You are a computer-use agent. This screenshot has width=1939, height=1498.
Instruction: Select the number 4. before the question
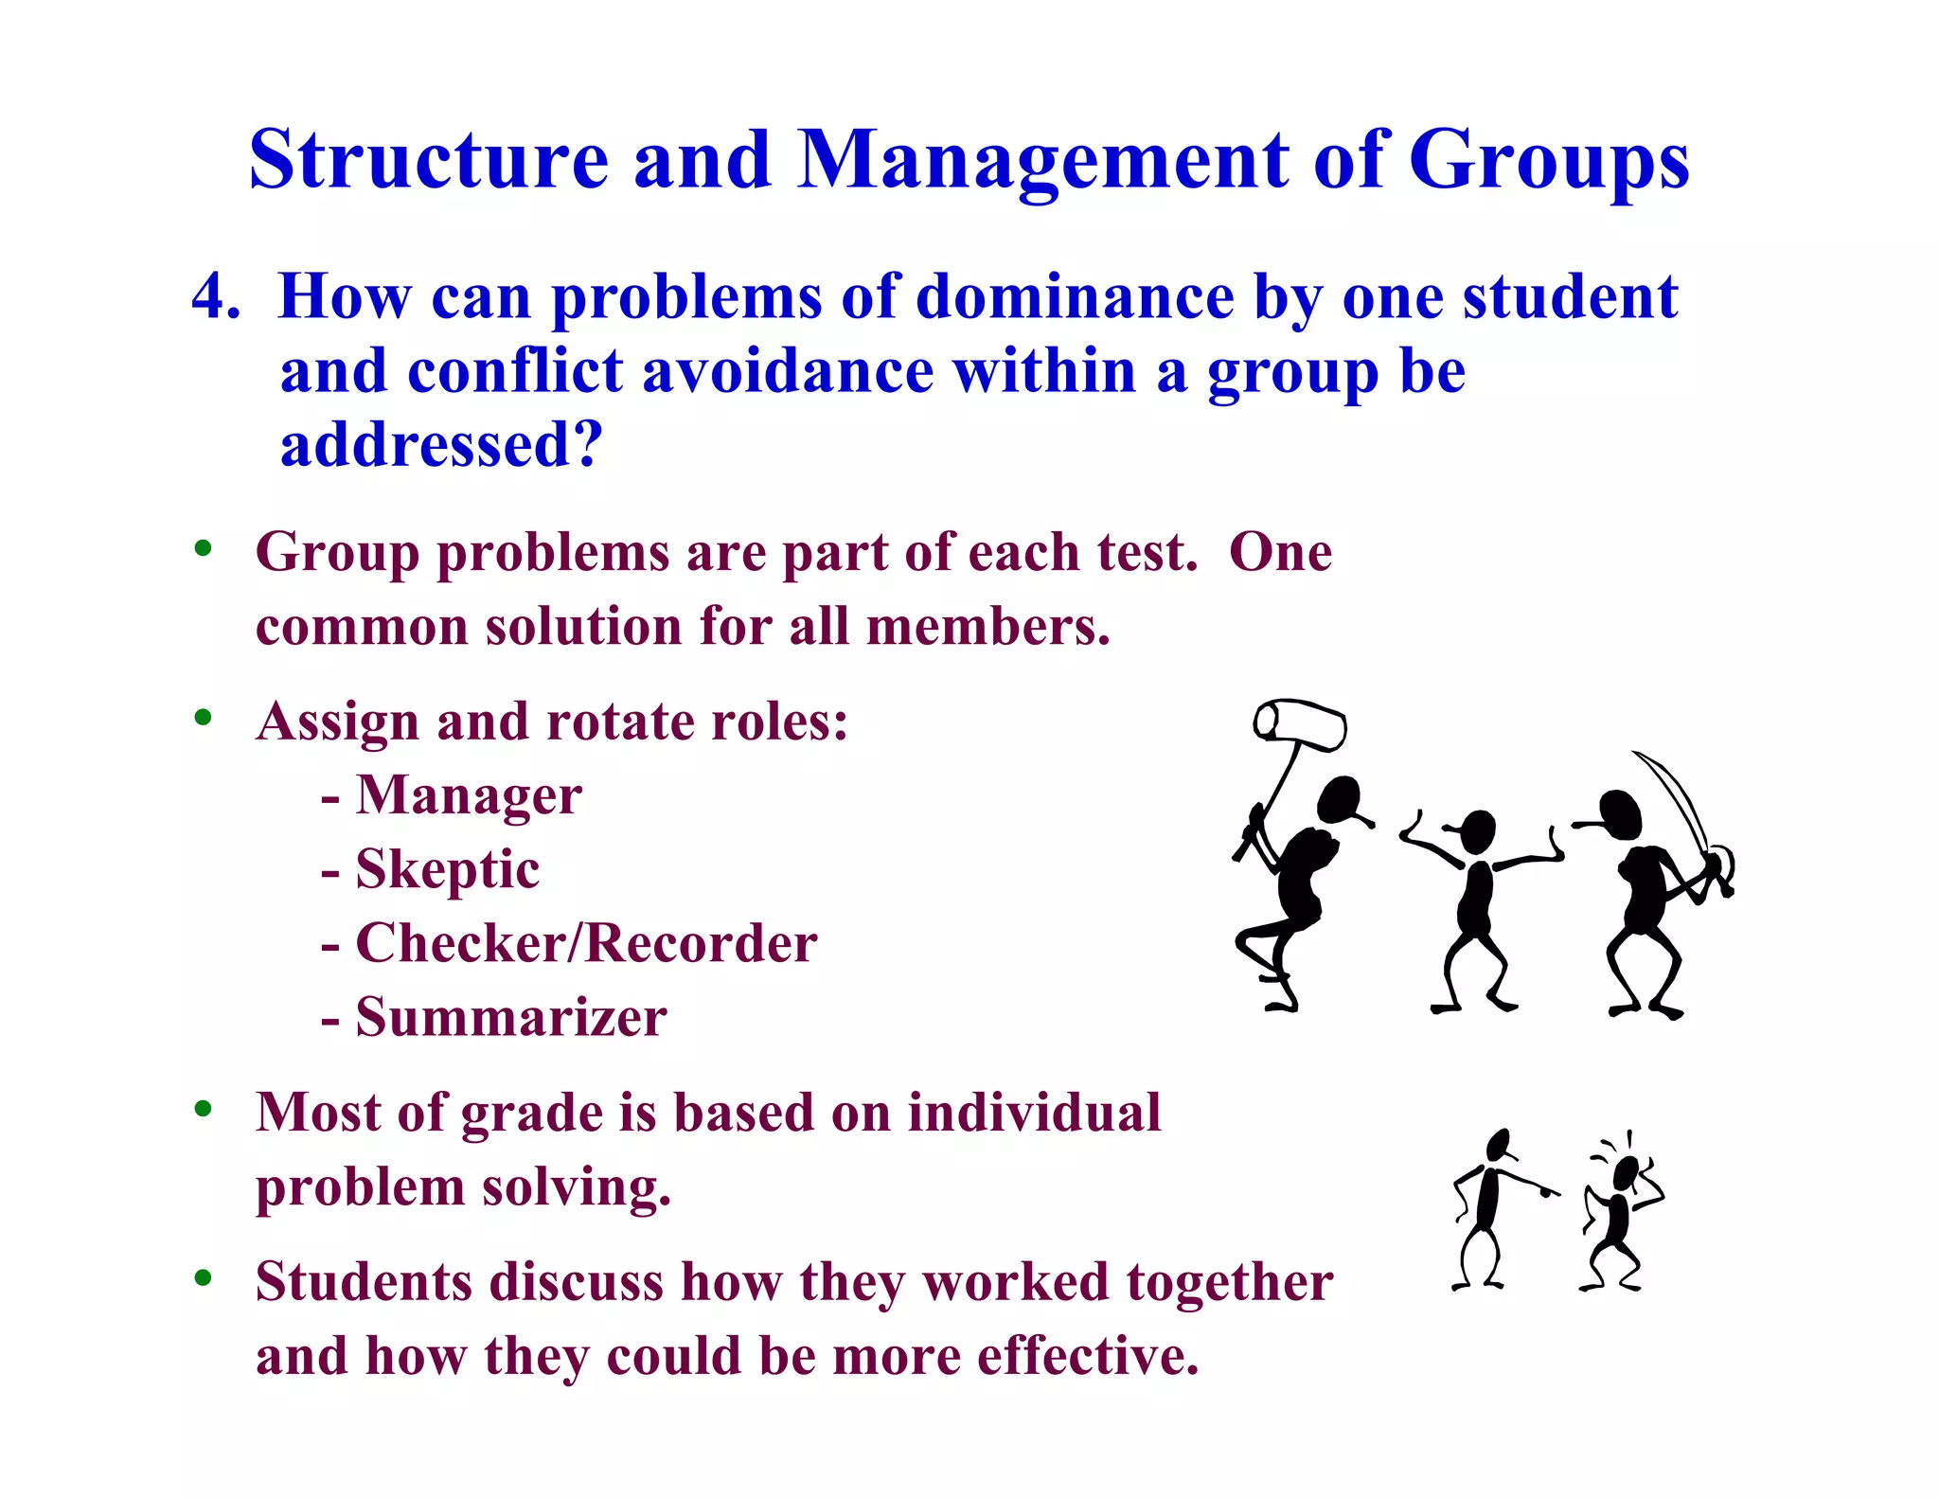click(x=215, y=297)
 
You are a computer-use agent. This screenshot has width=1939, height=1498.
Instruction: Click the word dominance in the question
click(x=1075, y=297)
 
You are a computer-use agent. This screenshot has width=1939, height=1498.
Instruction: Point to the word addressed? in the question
click(x=441, y=445)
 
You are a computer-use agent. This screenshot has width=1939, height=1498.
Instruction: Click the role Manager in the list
click(x=469, y=795)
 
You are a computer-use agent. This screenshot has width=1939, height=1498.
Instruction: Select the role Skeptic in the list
click(x=447, y=869)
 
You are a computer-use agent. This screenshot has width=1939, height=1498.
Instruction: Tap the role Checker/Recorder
click(x=586, y=943)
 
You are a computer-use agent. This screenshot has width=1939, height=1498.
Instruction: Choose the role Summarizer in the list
click(x=511, y=1018)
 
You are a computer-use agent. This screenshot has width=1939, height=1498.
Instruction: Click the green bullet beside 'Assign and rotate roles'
click(x=203, y=718)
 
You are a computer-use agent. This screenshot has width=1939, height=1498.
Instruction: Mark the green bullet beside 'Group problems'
click(x=203, y=548)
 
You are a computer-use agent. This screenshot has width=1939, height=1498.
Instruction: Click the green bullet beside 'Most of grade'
click(x=203, y=1108)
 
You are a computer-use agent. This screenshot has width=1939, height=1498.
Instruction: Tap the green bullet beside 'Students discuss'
click(x=203, y=1278)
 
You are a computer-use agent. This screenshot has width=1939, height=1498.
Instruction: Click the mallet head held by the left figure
click(x=1300, y=724)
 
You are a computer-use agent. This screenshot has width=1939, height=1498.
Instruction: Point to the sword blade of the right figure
click(x=1676, y=795)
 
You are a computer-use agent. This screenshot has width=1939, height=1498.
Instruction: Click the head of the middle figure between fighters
click(x=1477, y=830)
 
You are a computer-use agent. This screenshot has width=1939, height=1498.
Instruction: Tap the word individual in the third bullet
click(x=1034, y=1113)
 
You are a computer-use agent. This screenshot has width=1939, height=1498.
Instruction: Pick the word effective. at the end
click(x=1088, y=1357)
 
